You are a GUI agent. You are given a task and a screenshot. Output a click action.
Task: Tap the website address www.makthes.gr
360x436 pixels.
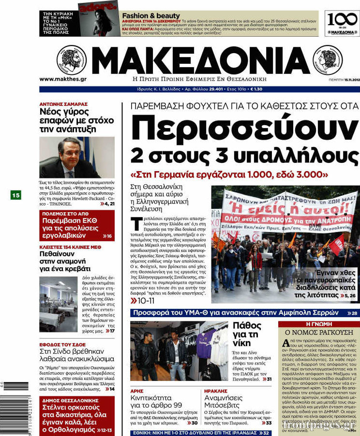click(x=63, y=79)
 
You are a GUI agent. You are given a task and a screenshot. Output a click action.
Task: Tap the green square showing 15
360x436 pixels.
click(x=16, y=195)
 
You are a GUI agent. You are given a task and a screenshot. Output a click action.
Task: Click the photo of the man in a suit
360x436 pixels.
click(x=76, y=158)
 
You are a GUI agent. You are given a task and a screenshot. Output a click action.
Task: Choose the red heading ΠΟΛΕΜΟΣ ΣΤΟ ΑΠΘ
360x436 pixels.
click(x=65, y=213)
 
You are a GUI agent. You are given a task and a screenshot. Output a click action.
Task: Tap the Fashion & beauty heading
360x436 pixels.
click(x=150, y=16)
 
